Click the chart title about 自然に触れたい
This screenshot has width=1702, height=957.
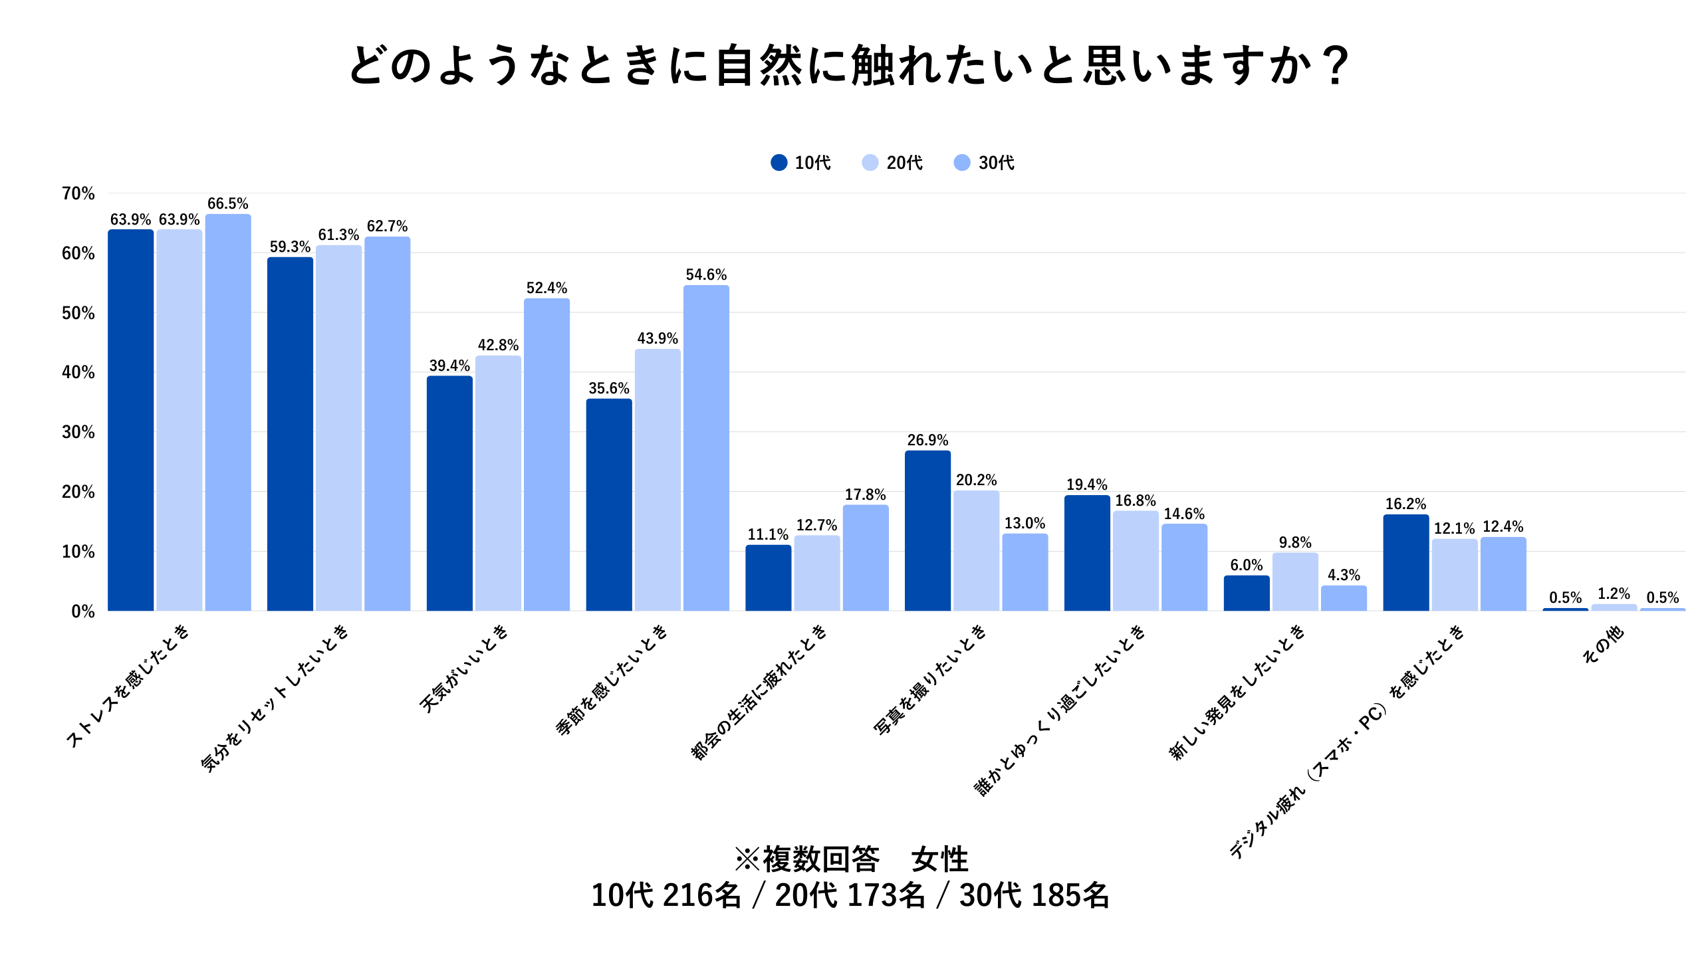tap(850, 65)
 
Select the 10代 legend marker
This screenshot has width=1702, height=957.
tap(779, 163)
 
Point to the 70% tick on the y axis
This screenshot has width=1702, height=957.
tap(78, 193)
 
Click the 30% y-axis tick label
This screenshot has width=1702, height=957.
tap(78, 432)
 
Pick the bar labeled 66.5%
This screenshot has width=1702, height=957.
tap(228, 412)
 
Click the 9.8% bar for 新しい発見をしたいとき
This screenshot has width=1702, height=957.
tap(1295, 582)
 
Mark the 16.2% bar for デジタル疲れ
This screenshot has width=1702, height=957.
tap(1405, 562)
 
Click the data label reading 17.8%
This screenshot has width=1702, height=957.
tap(865, 494)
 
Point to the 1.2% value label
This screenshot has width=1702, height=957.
tap(1614, 593)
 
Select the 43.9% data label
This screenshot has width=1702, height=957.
tap(658, 338)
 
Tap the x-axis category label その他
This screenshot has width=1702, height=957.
tap(1603, 645)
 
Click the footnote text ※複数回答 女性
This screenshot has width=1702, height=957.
tap(851, 859)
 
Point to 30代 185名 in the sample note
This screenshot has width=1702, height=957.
tap(1034, 895)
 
